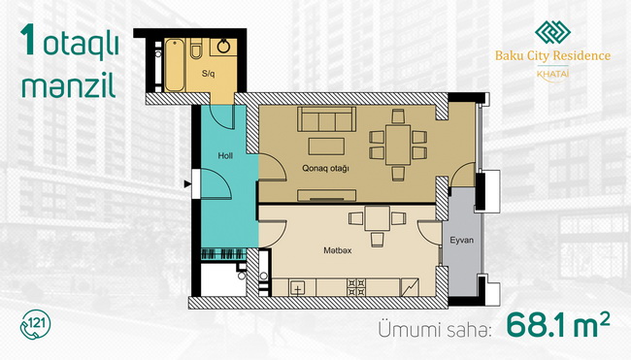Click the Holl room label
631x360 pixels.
click(225, 155)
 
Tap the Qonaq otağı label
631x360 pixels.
click(325, 168)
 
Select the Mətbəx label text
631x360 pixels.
click(338, 250)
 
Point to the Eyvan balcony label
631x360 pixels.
click(461, 240)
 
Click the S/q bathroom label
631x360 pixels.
click(209, 74)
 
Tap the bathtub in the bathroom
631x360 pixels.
click(175, 65)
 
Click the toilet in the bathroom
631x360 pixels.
click(196, 49)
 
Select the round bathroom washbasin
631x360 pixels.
click(223, 47)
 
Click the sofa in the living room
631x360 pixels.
click(327, 119)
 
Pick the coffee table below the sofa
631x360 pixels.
click(326, 147)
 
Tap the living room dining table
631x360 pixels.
click(398, 145)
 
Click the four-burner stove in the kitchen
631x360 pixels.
click(356, 287)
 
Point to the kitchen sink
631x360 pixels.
click(297, 288)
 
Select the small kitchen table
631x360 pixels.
click(377, 218)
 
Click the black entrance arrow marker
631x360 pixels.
click(187, 183)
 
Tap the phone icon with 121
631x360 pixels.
click(35, 324)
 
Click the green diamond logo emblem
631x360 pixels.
click(552, 32)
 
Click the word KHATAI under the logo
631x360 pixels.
click(553, 74)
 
